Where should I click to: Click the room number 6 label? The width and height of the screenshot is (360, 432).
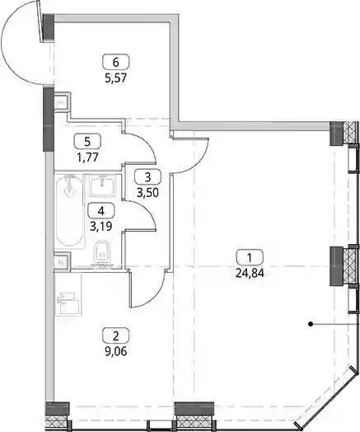coord(115,62)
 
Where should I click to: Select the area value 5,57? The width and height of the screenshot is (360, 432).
coord(115,78)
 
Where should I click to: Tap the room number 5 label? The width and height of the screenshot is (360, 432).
coord(87,141)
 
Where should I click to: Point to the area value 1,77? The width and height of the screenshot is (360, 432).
coord(87,157)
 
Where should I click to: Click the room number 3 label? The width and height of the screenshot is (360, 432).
coord(147,176)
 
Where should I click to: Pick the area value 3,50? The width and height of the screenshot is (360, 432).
coord(147,193)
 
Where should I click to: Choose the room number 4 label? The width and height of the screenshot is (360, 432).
coord(101,211)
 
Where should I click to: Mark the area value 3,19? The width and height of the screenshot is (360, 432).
coord(101,227)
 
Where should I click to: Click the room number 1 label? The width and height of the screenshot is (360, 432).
coord(250,257)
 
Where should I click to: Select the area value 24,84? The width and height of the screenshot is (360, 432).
coord(250,273)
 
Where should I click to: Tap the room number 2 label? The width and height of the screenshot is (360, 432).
coord(115,336)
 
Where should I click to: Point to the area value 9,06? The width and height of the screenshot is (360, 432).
coord(116,351)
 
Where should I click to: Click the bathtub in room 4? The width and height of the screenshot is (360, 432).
coord(69,211)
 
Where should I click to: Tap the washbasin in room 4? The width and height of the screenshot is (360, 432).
coord(103,185)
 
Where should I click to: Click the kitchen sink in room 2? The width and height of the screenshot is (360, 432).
coord(68,301)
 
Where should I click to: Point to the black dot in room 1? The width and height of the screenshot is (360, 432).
coord(311,324)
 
